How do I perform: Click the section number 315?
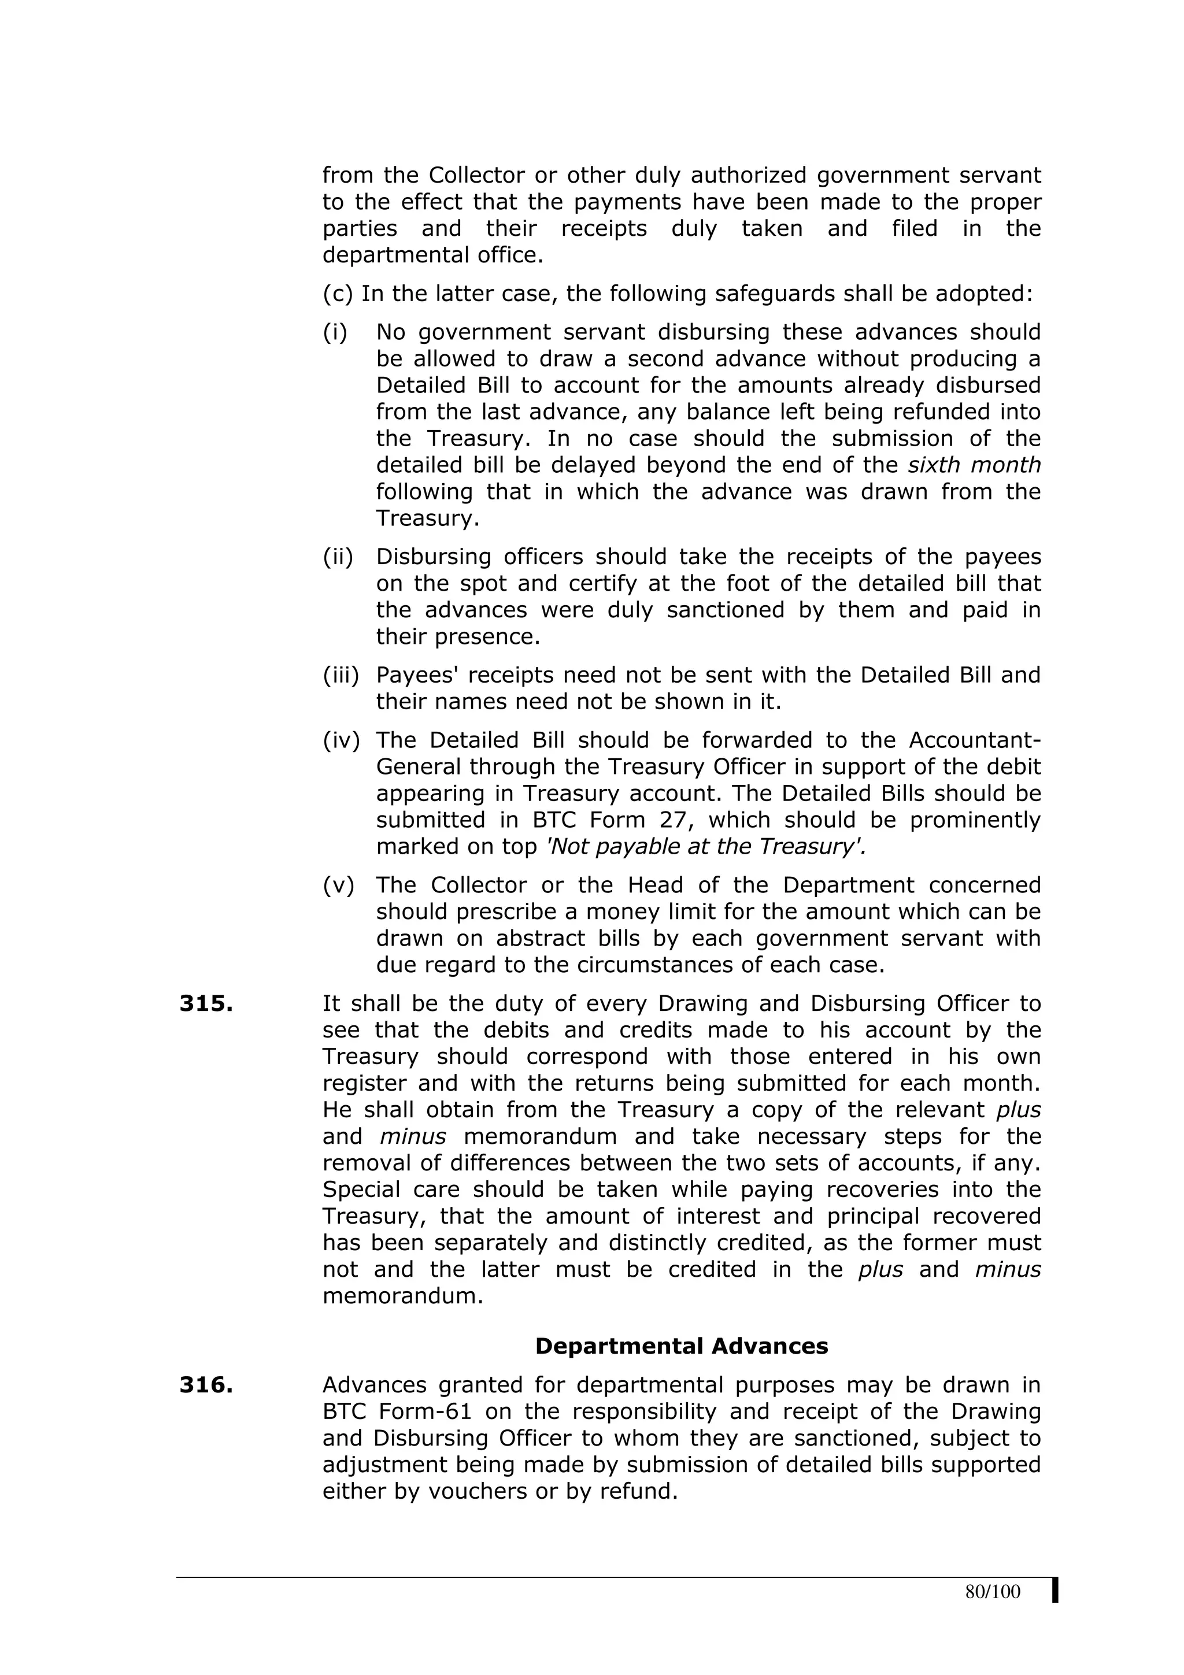point(206,1004)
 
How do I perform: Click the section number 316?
point(206,1385)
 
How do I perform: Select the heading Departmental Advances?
point(682,1346)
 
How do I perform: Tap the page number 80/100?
point(992,1592)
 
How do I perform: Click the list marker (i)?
point(335,333)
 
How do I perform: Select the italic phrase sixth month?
point(974,465)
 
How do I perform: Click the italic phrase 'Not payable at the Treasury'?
point(706,846)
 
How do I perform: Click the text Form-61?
point(425,1411)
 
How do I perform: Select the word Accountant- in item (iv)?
point(975,740)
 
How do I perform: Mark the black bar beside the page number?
point(1055,1591)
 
